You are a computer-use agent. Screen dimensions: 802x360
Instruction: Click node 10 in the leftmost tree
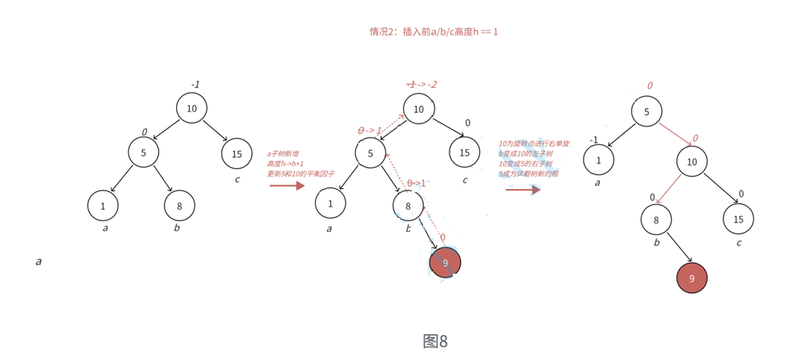coord(191,108)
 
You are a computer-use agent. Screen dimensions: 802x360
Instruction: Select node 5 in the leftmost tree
coord(143,153)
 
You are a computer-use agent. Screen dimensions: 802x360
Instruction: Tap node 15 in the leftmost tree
coord(236,154)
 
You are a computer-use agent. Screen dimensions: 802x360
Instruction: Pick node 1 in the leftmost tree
coord(103,206)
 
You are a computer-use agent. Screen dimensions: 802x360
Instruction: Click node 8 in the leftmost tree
coord(179,206)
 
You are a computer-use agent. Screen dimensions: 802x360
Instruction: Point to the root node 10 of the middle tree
coord(419,109)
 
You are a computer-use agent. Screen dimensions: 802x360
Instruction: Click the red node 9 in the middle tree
coord(445,263)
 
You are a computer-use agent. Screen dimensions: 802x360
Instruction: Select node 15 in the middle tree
coord(464,153)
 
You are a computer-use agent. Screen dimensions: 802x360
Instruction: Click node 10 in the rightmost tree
coord(691,162)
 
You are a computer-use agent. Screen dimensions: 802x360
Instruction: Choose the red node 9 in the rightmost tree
coord(691,278)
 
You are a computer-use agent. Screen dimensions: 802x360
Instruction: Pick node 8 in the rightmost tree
coord(656,220)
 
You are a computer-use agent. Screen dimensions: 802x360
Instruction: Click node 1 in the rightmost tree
coord(598,160)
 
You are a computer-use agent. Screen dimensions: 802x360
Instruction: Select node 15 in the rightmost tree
coord(738,219)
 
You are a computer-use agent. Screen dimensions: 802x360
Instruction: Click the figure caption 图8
coord(435,341)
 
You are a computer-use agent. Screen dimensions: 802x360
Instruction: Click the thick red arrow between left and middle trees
coord(287,185)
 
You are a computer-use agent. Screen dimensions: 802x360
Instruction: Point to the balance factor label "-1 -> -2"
coord(422,84)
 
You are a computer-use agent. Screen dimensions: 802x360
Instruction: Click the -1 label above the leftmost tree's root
coord(195,85)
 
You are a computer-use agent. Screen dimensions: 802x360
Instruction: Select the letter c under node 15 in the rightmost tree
coord(739,243)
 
